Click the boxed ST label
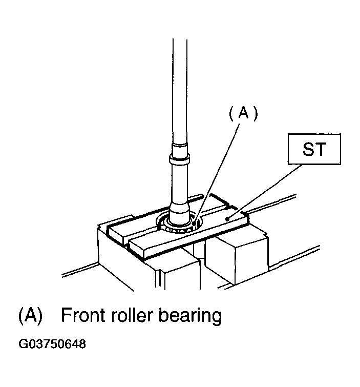click(x=314, y=149)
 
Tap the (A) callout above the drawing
click(x=243, y=113)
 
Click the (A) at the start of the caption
click(x=30, y=315)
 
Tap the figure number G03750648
click(x=52, y=344)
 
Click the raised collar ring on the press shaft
click(x=179, y=158)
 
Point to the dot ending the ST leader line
click(x=227, y=218)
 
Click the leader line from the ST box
click(x=264, y=192)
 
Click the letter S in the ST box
click(x=308, y=149)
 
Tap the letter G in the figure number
click(x=23, y=344)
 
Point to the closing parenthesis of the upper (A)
click(x=256, y=113)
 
